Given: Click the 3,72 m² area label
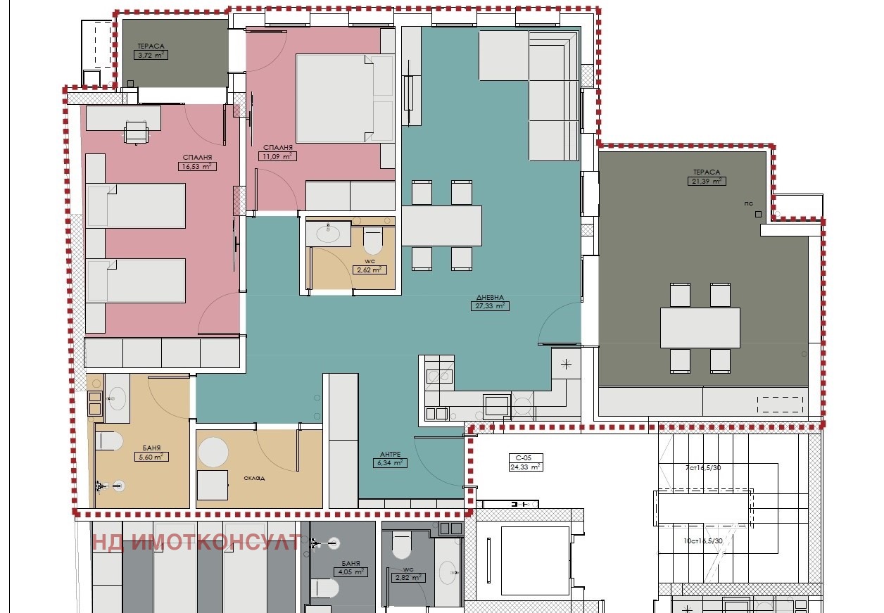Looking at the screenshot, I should tap(151, 54).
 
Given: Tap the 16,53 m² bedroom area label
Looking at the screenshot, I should tap(197, 167).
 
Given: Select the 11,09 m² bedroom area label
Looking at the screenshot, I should tap(277, 156).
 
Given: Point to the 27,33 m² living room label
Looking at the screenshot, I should tap(490, 306).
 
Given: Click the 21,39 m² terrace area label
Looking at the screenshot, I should tap(707, 181).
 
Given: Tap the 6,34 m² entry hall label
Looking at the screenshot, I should tap(389, 463).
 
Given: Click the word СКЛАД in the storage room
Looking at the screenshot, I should tap(254, 478).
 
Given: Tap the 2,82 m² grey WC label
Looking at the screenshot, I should tap(408, 578).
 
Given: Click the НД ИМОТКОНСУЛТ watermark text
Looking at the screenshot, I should tap(197, 542).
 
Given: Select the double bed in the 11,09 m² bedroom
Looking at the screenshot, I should tap(344, 99).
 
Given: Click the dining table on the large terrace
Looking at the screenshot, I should tap(700, 327).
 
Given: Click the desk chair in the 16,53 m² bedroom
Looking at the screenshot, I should tap(137, 132).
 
